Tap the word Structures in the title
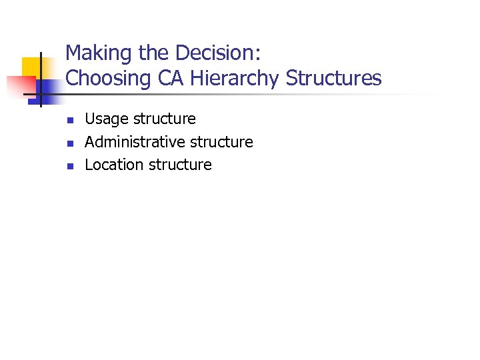[334, 78]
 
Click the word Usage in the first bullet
[107, 119]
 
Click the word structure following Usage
[165, 119]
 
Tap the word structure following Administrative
[222, 142]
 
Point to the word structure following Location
[181, 165]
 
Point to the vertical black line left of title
[41, 79]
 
